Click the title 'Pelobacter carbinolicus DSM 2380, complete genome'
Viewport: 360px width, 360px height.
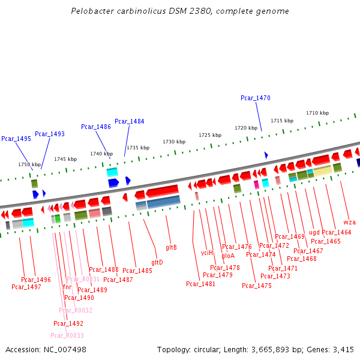(x=179, y=11)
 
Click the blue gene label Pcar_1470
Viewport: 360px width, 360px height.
(x=256, y=98)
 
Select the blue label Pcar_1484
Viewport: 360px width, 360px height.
(x=130, y=121)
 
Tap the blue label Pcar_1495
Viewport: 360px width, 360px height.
(x=16, y=139)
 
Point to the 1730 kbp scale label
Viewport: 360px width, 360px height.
(x=174, y=142)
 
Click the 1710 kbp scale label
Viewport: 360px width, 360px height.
(x=317, y=113)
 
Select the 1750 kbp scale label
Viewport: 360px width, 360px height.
(x=29, y=164)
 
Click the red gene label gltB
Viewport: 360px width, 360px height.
(x=171, y=247)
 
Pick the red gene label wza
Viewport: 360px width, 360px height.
(x=350, y=223)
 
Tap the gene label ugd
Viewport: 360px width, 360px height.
(x=314, y=232)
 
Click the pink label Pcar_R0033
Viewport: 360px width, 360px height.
(x=67, y=335)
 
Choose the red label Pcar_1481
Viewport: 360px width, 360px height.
(x=200, y=284)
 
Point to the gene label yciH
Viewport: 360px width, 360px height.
(x=207, y=253)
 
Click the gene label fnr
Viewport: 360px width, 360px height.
(x=67, y=287)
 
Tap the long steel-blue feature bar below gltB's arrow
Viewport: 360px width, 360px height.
(x=163, y=202)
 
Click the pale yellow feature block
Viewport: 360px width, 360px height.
(x=322, y=171)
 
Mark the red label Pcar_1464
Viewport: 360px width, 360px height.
(x=337, y=232)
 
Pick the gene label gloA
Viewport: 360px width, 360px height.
(x=228, y=256)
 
